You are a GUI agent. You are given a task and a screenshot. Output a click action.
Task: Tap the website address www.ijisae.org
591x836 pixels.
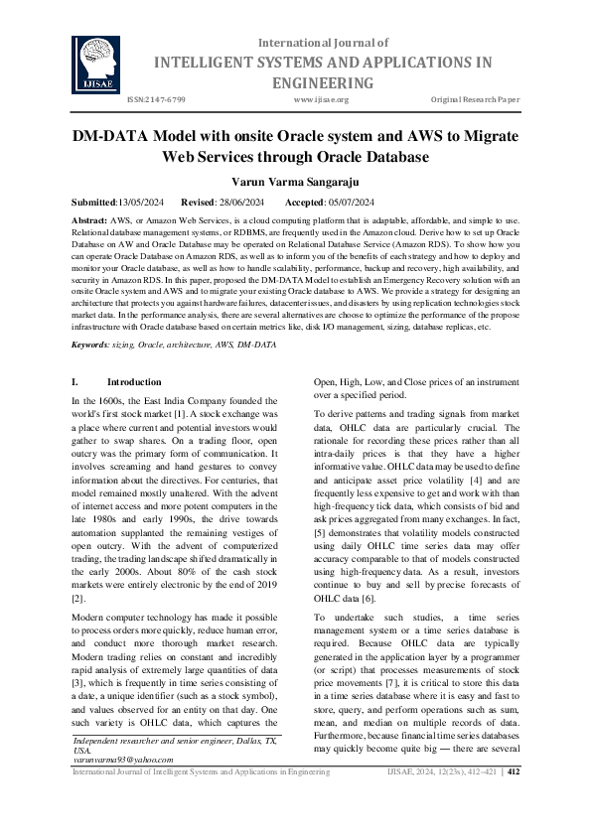coord(321,100)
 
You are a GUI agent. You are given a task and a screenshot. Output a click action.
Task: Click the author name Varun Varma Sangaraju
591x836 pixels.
coord(295,182)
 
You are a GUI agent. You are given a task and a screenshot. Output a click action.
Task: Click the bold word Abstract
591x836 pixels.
coord(90,218)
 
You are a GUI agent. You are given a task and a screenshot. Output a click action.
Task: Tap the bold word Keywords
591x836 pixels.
coord(91,344)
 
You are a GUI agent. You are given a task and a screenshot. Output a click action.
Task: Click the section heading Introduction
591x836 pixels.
coord(133,381)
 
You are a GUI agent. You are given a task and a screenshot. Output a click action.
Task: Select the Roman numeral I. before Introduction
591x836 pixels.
coord(76,381)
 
